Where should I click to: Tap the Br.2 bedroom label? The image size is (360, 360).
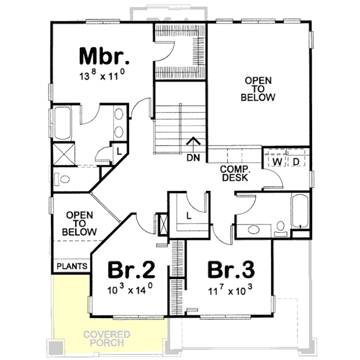[132, 270]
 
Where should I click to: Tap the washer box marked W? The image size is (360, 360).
[278, 162]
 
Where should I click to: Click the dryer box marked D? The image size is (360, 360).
[296, 162]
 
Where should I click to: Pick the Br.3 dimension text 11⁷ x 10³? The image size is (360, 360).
[227, 289]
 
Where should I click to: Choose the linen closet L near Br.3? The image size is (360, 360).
[188, 215]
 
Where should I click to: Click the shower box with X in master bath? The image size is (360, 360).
[63, 154]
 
